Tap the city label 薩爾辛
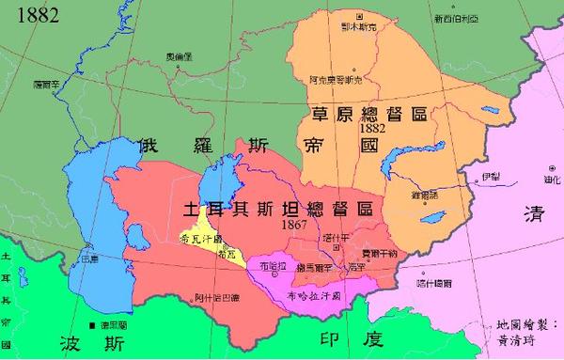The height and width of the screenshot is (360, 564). pos(45,83)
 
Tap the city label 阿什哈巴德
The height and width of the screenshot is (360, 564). pos(214,299)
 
